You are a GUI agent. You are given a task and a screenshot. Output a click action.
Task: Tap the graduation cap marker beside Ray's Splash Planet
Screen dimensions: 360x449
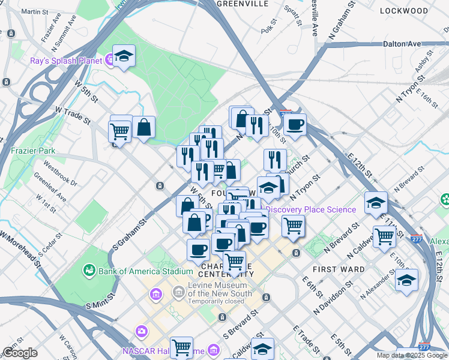(x=124, y=56)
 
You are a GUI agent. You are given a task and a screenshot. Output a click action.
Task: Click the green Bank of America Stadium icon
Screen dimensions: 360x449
(x=89, y=271)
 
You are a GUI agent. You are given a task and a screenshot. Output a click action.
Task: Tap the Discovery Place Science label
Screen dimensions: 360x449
(x=310, y=209)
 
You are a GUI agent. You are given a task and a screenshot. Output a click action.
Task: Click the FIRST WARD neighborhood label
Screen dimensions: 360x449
(x=343, y=269)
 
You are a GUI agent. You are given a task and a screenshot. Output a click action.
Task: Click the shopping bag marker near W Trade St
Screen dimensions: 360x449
(x=144, y=127)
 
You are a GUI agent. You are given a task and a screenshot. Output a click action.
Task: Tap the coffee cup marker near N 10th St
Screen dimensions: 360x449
(x=295, y=125)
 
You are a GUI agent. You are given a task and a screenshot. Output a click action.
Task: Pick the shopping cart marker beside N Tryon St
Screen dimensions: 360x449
(x=293, y=226)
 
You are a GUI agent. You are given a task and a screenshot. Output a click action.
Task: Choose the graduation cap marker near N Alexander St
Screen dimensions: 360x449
(x=406, y=280)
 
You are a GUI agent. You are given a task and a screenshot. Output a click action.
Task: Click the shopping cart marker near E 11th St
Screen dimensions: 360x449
(x=384, y=236)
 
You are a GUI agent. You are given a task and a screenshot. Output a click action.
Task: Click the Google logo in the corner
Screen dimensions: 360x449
(x=20, y=353)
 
